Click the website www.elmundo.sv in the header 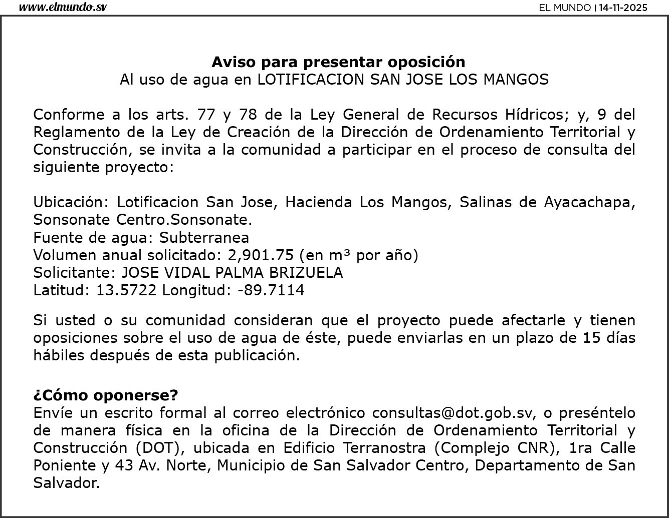point(63,8)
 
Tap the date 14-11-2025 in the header point(623,8)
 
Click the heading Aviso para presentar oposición point(338,62)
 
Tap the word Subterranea point(204,237)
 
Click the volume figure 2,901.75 point(261,255)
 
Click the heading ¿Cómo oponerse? point(106,395)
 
